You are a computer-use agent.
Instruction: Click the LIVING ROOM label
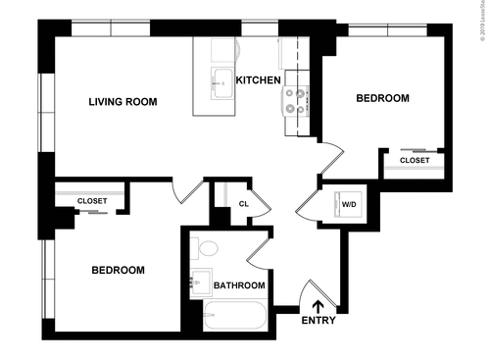pyautogui.click(x=122, y=102)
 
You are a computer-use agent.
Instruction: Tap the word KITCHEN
pyautogui.click(x=259, y=79)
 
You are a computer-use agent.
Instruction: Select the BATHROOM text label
pyautogui.click(x=239, y=285)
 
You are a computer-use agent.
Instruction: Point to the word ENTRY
pyautogui.click(x=318, y=321)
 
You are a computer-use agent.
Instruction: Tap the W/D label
pyautogui.click(x=348, y=205)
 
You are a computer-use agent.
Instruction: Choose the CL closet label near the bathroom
pyautogui.click(x=243, y=204)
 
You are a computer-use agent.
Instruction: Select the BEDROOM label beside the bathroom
pyautogui.click(x=118, y=271)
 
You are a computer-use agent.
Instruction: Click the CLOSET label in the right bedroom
pyautogui.click(x=415, y=160)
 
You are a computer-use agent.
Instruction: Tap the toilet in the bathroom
pyautogui.click(x=203, y=247)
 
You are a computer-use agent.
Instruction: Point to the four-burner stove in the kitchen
pyautogui.click(x=293, y=100)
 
